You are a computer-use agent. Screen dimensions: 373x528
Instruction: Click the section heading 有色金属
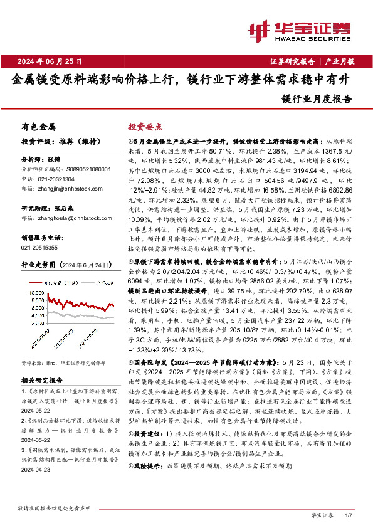pos(38,126)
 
